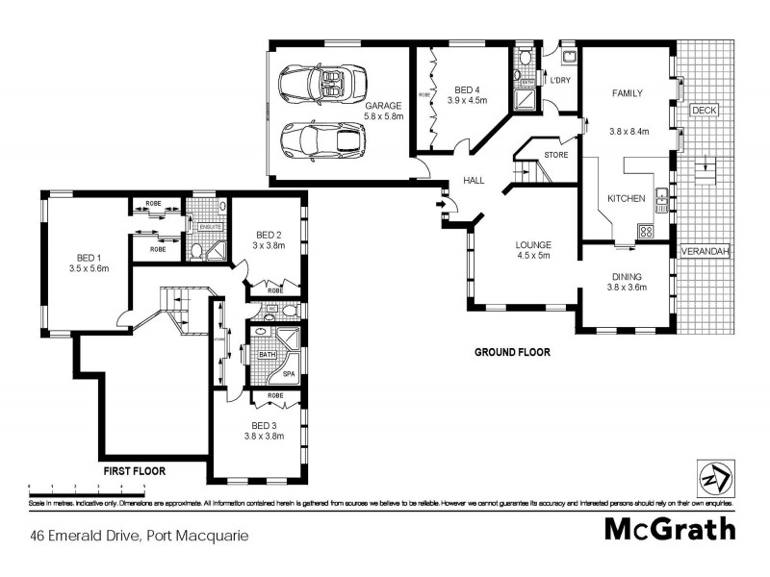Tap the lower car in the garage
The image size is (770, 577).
[x=321, y=139]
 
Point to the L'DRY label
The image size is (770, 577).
[x=559, y=80]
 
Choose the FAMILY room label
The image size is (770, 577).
[x=628, y=93]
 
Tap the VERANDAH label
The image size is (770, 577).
[x=704, y=251]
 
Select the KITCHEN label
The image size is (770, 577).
[x=625, y=198]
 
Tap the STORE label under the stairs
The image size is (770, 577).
[x=555, y=154]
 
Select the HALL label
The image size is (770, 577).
[x=474, y=180]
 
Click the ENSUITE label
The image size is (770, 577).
[x=211, y=226]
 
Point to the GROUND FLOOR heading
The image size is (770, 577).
[x=511, y=352]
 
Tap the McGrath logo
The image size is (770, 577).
[x=669, y=529]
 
